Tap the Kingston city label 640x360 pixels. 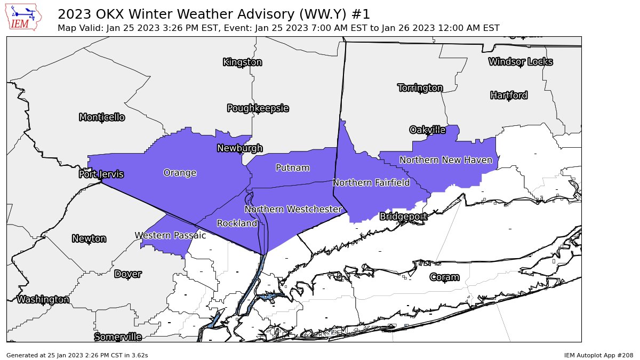(242, 62)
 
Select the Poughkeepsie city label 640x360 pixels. (258, 108)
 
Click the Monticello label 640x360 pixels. (102, 117)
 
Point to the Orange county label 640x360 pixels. (180, 173)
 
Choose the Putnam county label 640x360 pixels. (292, 168)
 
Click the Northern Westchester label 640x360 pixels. (293, 210)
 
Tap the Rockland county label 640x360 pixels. (237, 223)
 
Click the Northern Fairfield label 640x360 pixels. (371, 183)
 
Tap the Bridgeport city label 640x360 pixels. (403, 217)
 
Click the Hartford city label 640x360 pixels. (509, 95)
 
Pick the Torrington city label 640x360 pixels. (420, 87)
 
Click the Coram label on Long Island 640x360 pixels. (444, 277)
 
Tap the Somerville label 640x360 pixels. (118, 337)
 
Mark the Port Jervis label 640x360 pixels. (101, 174)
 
